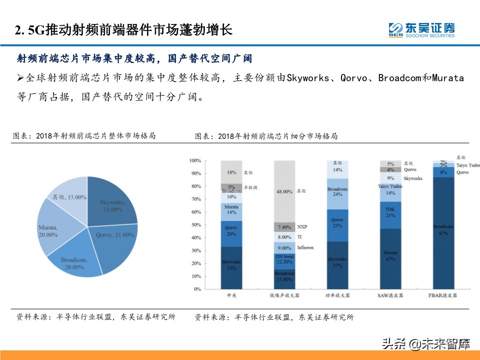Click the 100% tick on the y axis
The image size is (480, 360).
pyautogui.click(x=195, y=160)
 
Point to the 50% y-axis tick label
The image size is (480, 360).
pyautogui.click(x=195, y=225)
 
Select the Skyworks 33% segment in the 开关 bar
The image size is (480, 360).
pyautogui.click(x=231, y=267)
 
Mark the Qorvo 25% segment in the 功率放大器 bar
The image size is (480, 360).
pyautogui.click(x=338, y=222)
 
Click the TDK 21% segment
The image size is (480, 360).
pyautogui.click(x=390, y=212)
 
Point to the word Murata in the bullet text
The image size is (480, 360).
pyautogui.click(x=448, y=78)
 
